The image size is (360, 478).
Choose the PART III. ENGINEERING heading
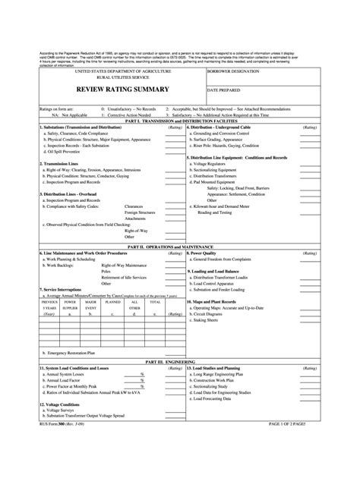click(180, 362)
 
